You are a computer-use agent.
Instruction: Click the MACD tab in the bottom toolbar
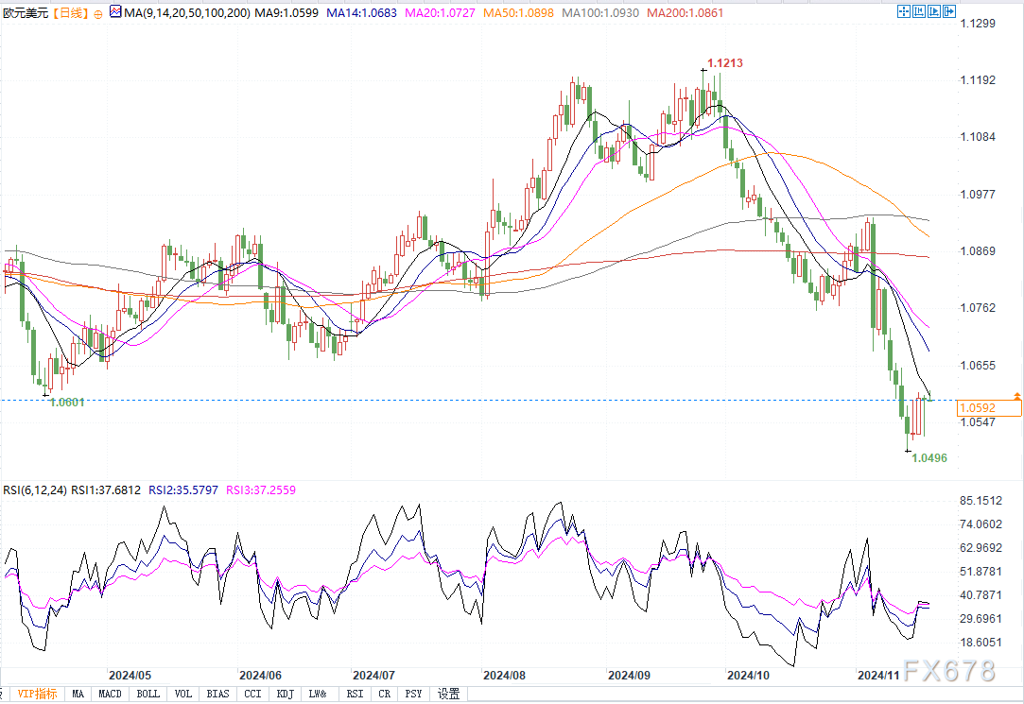[111, 694]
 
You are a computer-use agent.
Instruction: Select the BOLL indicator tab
[148, 694]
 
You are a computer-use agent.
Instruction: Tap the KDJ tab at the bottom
[285, 694]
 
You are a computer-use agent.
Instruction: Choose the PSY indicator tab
[414, 694]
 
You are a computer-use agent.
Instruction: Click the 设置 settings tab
[449, 694]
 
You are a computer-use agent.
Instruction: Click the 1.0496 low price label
[929, 457]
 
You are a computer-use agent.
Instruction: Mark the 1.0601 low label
[66, 402]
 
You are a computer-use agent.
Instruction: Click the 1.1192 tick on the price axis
[978, 80]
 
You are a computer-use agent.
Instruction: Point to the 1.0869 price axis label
[978, 250]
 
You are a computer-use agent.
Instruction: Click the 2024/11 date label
[877, 676]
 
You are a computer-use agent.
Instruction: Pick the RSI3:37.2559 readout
[261, 490]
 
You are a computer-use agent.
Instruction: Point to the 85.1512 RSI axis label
[980, 501]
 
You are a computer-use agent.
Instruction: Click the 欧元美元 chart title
[26, 12]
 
